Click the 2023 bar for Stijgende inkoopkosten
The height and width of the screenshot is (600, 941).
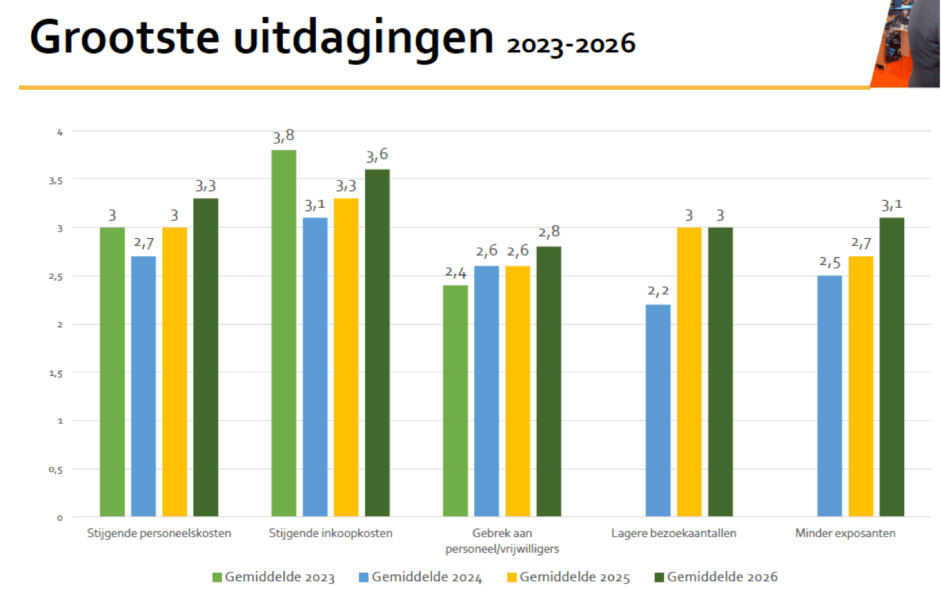(x=284, y=333)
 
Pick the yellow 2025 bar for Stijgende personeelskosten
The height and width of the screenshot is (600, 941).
(x=175, y=372)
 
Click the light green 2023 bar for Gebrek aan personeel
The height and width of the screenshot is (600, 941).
(x=456, y=400)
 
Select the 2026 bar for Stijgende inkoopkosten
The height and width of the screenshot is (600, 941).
(x=378, y=342)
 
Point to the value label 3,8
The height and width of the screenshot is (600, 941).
(x=283, y=137)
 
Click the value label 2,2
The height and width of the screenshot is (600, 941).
(x=658, y=291)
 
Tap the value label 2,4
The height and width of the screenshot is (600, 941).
(x=456, y=273)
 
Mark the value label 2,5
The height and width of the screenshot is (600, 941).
(x=829, y=263)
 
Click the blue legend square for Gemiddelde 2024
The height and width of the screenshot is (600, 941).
(x=364, y=578)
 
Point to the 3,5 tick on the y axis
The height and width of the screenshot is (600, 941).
(x=56, y=181)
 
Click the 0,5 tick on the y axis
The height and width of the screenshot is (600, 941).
(x=56, y=470)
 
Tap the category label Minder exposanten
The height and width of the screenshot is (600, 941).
(x=845, y=533)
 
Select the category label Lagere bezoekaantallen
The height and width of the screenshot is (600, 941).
(x=673, y=533)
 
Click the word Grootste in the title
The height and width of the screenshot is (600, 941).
(x=125, y=37)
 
